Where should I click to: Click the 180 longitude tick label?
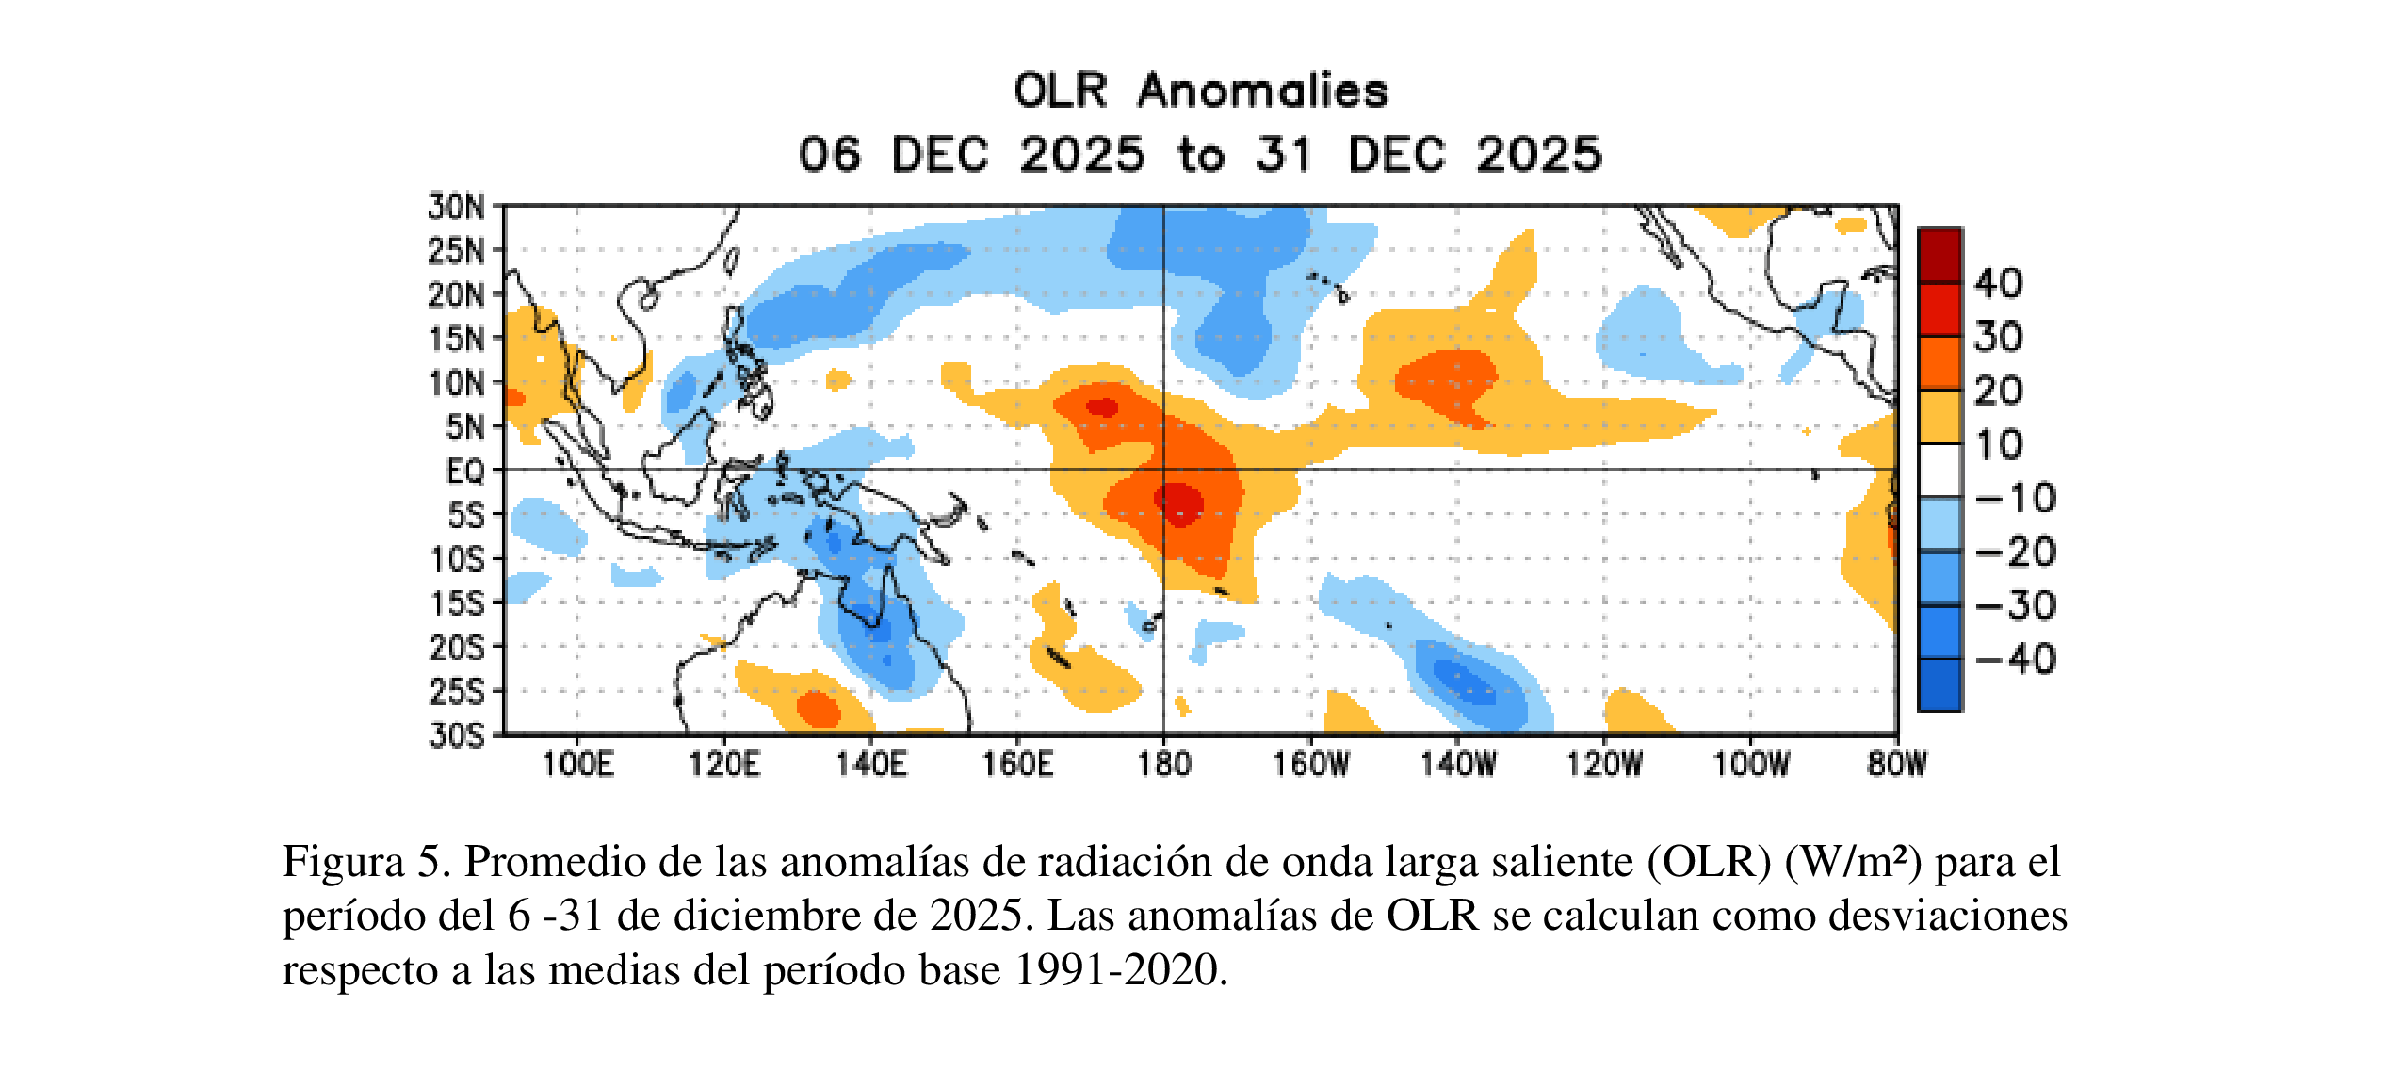1163,763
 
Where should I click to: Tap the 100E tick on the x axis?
576,763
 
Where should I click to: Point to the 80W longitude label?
1896,763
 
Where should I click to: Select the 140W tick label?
1457,763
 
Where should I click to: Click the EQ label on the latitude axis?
464,471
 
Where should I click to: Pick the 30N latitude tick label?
456,206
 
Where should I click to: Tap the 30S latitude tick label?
456,735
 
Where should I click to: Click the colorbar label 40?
1998,283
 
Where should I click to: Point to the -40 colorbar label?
2016,659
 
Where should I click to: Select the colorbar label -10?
2016,498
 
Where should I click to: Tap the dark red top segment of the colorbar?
1939,255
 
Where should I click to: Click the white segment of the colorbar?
1939,469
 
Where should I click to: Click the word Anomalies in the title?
1262,91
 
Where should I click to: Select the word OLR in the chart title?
1060,91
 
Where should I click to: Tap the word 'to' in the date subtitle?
1200,155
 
